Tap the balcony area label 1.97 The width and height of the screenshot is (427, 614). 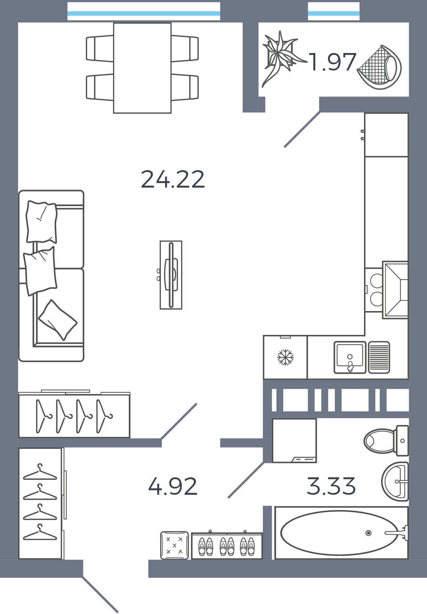[332, 62]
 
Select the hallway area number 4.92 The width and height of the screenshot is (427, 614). [173, 486]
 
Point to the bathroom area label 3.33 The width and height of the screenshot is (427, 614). [331, 486]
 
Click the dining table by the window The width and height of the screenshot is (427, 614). [142, 68]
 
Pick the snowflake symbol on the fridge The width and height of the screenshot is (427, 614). [285, 357]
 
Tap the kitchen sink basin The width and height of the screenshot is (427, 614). [350, 357]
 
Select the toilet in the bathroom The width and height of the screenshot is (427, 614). [386, 441]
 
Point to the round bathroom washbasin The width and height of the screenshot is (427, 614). [395, 482]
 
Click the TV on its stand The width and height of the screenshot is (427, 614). [171, 275]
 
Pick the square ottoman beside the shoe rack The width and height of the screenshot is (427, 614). [174, 545]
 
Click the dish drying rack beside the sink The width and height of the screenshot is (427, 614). [379, 357]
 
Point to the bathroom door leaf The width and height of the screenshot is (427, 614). [246, 480]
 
